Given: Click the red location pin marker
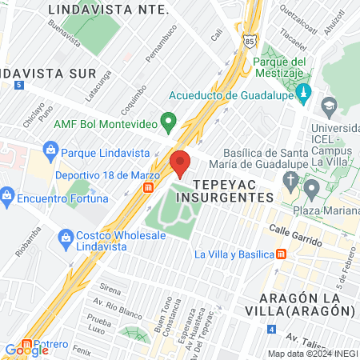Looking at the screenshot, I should pyautogui.click(x=181, y=162).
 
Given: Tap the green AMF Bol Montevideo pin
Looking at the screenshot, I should pyautogui.click(x=167, y=122).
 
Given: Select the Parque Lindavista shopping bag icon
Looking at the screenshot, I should pyautogui.click(x=50, y=150).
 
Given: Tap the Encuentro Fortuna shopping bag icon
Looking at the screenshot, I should pyautogui.click(x=7, y=194).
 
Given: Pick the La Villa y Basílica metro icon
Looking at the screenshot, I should pyautogui.click(x=281, y=254).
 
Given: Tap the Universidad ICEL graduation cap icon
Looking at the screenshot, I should pyautogui.click(x=328, y=106).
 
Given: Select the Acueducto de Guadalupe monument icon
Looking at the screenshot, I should pyautogui.click(x=302, y=94).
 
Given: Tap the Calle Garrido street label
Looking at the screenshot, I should pyautogui.click(x=295, y=234).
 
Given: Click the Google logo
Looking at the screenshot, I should pyautogui.click(x=26, y=350).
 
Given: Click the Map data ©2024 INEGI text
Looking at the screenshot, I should pyautogui.click(x=312, y=353).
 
